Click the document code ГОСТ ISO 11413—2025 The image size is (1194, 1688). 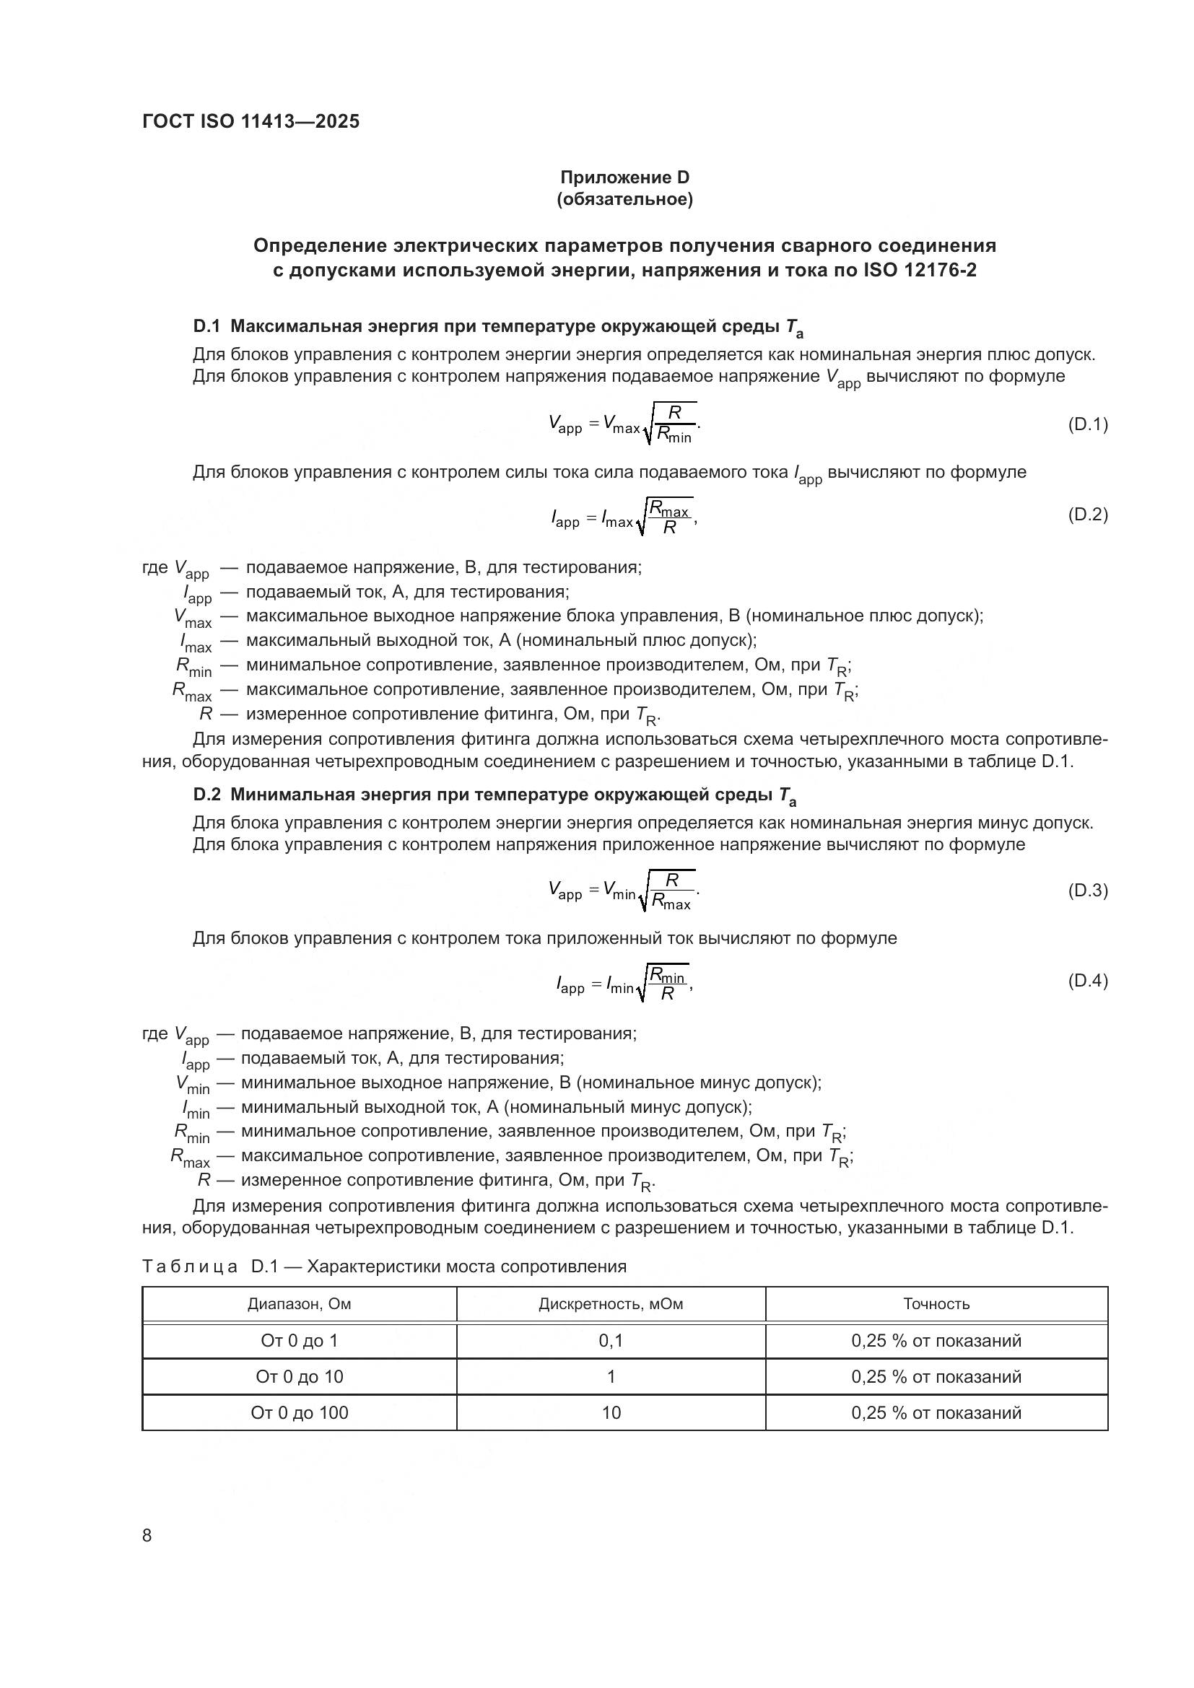[250, 121]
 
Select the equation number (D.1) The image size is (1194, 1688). [1086, 424]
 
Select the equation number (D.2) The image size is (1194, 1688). [1086, 515]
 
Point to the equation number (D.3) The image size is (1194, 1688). [1086, 891]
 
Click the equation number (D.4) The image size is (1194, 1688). [1086, 981]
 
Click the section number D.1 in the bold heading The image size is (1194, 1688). [206, 326]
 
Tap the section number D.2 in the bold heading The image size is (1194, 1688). [206, 795]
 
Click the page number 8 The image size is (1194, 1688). [147, 1536]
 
